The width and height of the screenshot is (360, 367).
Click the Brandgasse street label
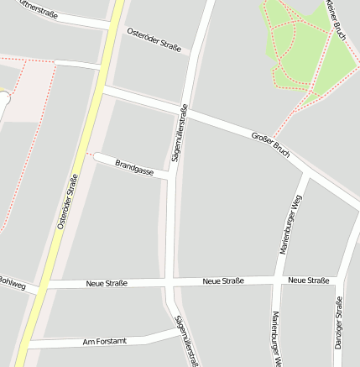click(x=134, y=165)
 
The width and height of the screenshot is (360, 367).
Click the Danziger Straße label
click(x=338, y=328)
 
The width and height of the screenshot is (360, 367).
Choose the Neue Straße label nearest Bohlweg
click(x=107, y=284)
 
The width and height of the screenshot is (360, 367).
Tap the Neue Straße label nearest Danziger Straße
click(x=307, y=280)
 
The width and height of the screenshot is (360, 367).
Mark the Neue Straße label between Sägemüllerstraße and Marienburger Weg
click(x=223, y=280)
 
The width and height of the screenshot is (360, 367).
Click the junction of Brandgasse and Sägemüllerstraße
click(x=171, y=177)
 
